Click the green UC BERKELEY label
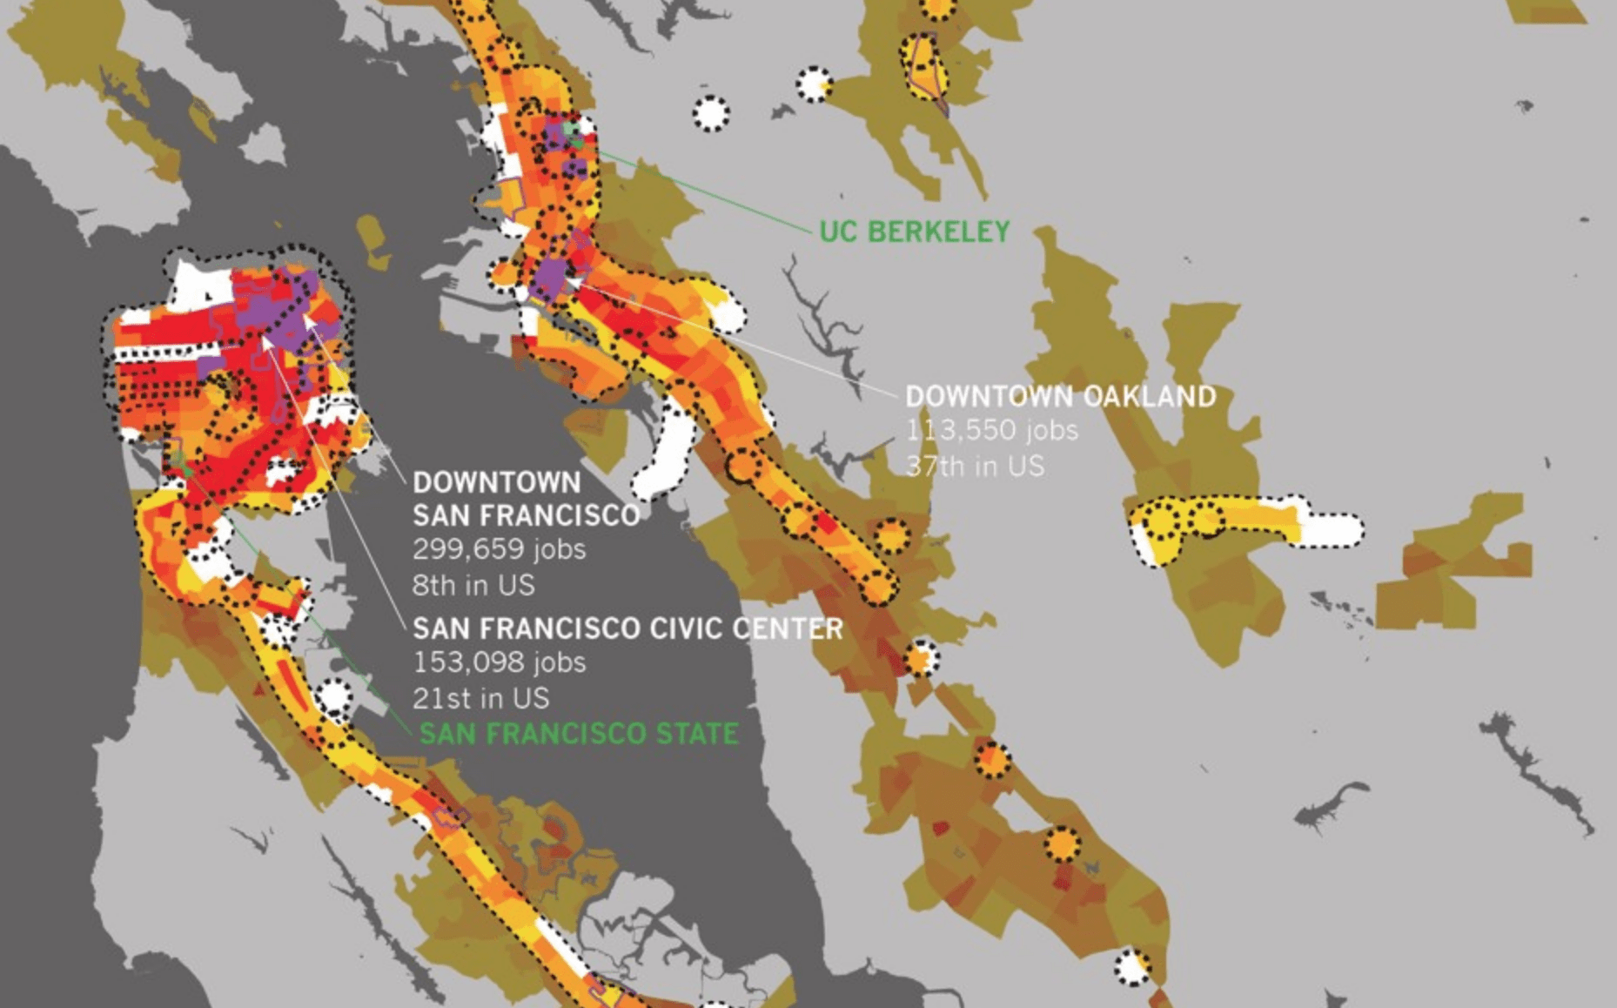914,232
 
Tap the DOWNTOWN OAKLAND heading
1060,396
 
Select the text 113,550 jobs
991,430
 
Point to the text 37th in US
974,466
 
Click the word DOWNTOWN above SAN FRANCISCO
496,482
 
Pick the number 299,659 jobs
499,549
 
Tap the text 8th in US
473,585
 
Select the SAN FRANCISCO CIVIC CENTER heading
627,628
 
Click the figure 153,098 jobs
499,662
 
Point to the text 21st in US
480,698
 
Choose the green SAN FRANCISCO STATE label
579,734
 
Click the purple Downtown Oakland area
550,277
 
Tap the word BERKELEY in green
939,232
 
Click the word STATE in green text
697,734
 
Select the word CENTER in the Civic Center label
788,628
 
